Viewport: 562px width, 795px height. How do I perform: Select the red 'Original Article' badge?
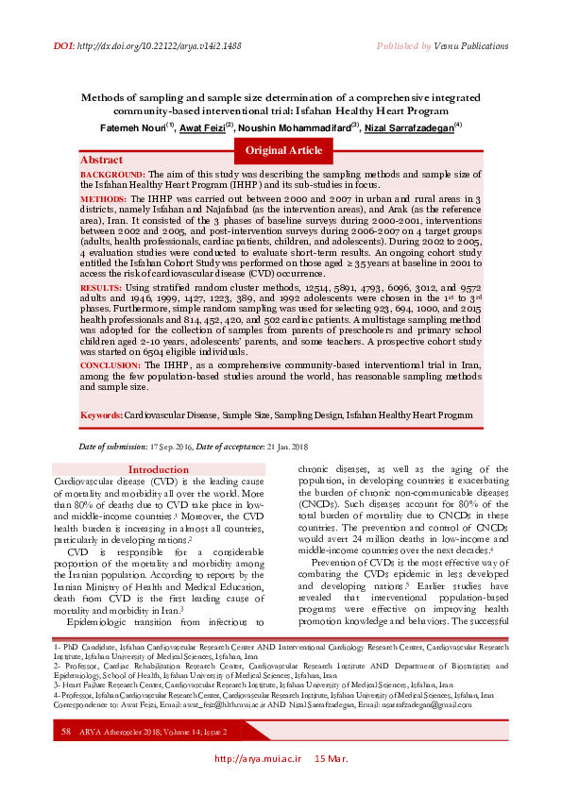tap(283, 150)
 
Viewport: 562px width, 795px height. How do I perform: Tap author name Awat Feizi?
tap(203, 127)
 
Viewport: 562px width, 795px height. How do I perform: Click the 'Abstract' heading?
tap(101, 161)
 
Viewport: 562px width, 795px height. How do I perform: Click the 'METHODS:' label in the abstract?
tap(102, 201)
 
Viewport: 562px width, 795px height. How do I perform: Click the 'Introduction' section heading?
tap(159, 470)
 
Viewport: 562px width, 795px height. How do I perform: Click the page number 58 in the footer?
tap(66, 757)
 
